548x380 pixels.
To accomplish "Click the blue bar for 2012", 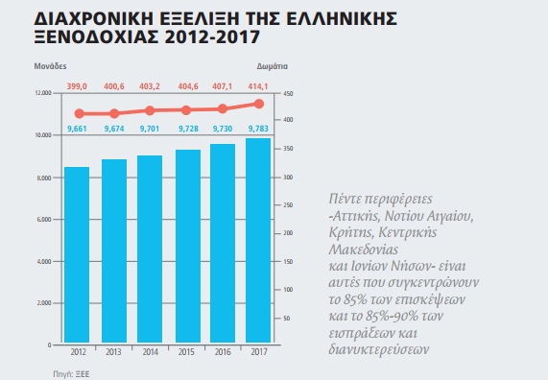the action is point(77,255).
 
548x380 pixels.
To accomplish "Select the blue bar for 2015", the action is point(188,246).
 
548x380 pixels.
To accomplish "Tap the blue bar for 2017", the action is point(258,241).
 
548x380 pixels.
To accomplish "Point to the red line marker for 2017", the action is point(259,104).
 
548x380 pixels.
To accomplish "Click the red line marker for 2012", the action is point(80,113).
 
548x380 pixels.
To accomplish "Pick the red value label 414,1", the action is point(258,86).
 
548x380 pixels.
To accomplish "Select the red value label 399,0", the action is point(77,86).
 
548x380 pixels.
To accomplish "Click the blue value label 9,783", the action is point(258,129).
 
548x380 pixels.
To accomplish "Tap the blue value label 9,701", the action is point(150,129).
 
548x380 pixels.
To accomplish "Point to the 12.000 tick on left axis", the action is point(43,93).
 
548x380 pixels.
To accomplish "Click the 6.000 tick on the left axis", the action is point(44,220).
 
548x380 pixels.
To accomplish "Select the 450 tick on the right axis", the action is point(288,94).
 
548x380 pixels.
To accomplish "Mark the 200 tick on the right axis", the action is point(288,233).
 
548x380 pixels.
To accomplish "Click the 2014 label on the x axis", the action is point(151,351).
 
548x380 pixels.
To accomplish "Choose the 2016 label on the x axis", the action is point(223,351).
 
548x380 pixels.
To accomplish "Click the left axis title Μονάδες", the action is point(50,66).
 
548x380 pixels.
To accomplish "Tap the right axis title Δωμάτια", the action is point(273,66).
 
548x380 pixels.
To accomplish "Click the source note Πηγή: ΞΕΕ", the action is point(71,374).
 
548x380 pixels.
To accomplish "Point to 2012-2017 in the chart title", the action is point(212,37).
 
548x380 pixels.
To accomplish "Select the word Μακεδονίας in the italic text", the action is point(364,249).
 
